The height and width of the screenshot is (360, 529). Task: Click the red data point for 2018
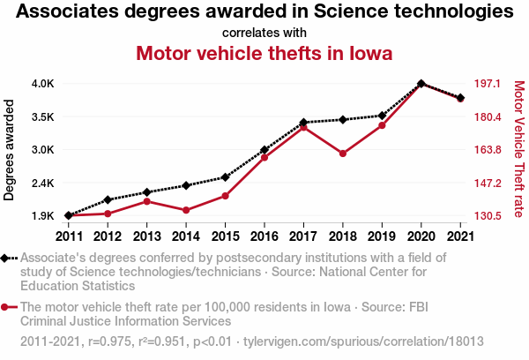point(342,154)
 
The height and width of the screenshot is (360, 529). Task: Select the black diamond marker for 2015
point(226,177)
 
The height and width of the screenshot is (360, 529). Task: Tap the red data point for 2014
point(186,210)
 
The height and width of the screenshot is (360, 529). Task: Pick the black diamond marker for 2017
point(303,123)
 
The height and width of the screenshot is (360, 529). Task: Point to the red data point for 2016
point(264,157)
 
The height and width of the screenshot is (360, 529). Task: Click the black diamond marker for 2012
point(108,199)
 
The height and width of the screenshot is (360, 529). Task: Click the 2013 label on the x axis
point(146,236)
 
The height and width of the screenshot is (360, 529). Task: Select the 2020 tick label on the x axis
point(421,236)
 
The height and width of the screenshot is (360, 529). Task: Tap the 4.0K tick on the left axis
point(42,84)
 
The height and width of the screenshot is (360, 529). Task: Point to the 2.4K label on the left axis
point(42,184)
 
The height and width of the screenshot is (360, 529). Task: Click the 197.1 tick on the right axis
point(488,84)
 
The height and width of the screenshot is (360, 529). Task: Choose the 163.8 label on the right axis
point(488,150)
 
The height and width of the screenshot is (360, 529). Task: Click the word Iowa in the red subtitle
point(368,53)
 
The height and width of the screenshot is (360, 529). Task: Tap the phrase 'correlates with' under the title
point(264,33)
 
